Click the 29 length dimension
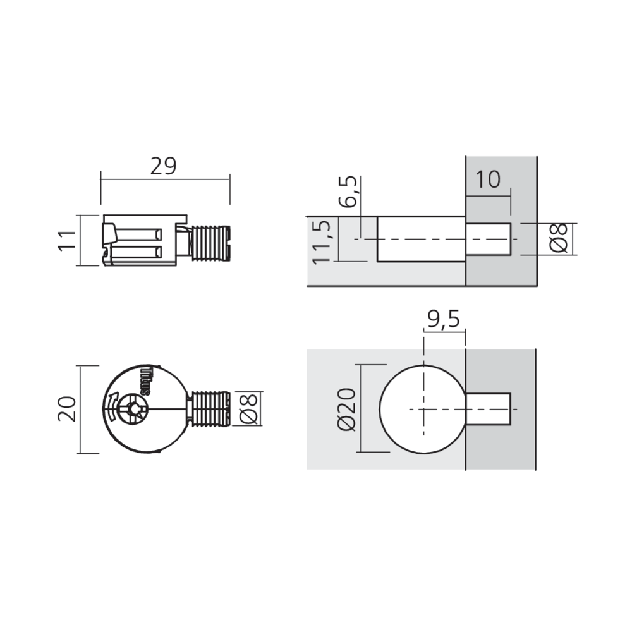click(164, 166)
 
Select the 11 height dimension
click(68, 240)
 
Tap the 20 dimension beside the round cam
click(68, 409)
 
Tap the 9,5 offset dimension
click(442, 318)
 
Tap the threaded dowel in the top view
click(210, 410)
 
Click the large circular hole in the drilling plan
click(422, 409)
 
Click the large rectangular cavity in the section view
click(421, 239)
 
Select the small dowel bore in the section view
click(488, 239)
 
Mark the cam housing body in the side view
click(142, 242)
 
